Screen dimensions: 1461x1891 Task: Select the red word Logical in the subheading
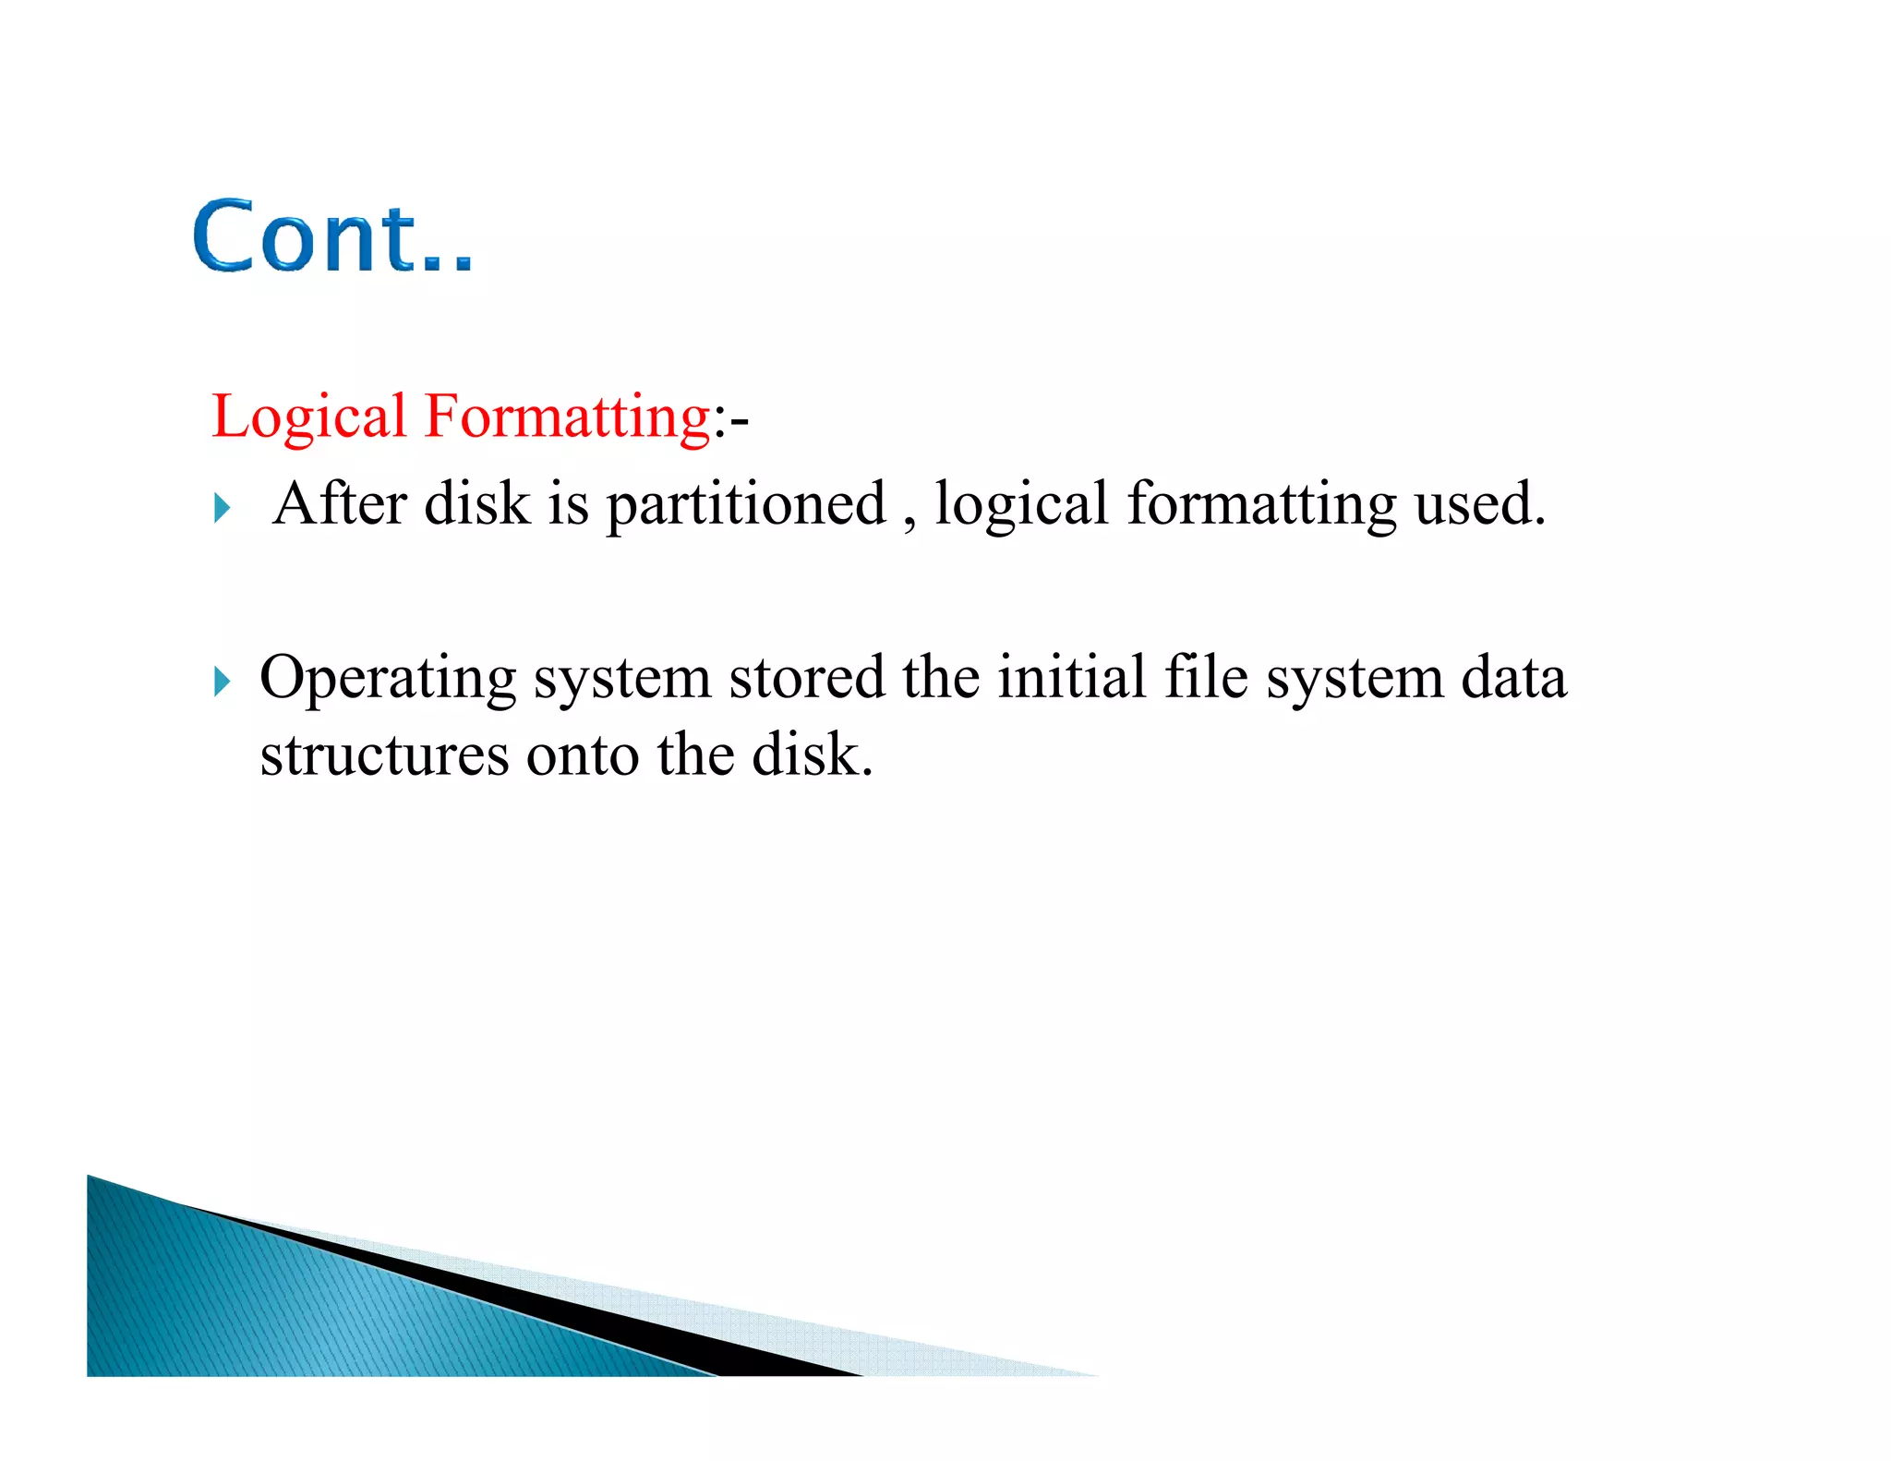tap(308, 417)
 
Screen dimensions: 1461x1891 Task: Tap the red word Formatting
tap(566, 417)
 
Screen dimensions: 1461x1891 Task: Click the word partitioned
tap(746, 506)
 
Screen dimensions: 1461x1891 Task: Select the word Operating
tap(388, 680)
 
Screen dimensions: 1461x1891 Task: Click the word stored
tap(806, 678)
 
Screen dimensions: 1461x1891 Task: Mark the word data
tap(1513, 678)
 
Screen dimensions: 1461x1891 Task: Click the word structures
tap(384, 756)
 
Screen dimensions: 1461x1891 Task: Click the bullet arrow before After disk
tap(222, 508)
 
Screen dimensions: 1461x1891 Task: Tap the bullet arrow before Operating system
tap(222, 682)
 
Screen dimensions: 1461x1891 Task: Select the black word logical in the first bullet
tap(1020, 506)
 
